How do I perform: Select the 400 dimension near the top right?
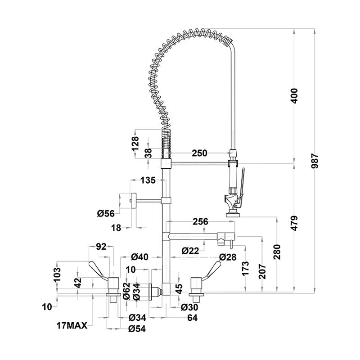point(295,96)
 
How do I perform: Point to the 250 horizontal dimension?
point(200,153)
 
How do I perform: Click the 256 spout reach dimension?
point(200,221)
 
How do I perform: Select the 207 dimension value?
point(261,270)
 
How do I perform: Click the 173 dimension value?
point(245,269)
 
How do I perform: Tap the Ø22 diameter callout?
point(191,251)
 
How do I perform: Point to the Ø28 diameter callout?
point(228,256)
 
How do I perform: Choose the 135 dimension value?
point(148,180)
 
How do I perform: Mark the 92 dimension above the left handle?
point(101,247)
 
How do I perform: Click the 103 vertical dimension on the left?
point(56,274)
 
